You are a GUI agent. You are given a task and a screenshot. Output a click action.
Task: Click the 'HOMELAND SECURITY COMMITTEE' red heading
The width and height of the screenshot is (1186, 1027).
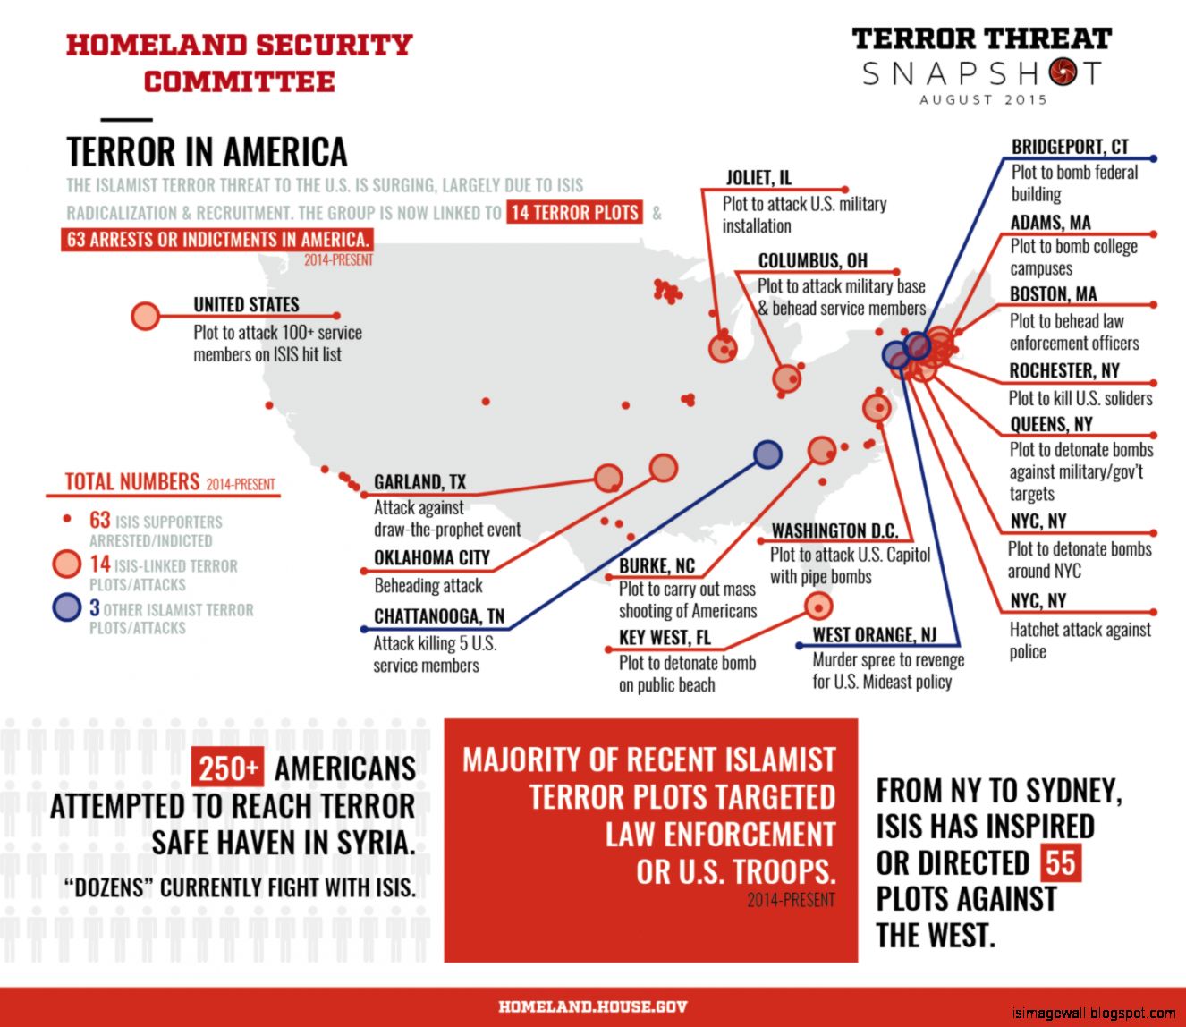coord(239,63)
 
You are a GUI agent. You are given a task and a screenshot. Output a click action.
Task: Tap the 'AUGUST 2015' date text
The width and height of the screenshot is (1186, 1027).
coord(983,99)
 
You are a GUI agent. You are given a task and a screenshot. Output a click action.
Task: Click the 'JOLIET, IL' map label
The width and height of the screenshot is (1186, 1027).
coord(758,177)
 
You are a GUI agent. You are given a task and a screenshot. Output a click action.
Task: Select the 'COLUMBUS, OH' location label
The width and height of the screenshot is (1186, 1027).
coord(812,260)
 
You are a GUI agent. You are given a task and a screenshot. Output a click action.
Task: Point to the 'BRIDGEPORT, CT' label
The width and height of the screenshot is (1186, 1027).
coord(1070,147)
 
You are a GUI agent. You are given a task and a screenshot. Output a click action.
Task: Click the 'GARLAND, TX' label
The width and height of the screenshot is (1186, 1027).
coord(419,482)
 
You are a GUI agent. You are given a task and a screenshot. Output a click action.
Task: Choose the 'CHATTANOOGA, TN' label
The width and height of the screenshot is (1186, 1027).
coord(438,616)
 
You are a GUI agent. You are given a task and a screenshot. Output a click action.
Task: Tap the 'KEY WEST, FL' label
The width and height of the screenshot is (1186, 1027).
coord(665,637)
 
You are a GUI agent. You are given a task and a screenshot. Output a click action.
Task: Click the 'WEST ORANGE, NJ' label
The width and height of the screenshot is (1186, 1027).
coord(874,635)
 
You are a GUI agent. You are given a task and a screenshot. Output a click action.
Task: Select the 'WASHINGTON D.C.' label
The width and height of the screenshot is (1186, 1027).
coord(834,530)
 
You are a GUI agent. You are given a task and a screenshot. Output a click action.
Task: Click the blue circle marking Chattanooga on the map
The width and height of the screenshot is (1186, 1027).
coord(767,454)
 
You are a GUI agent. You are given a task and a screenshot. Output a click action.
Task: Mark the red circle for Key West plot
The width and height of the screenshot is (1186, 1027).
coord(817,607)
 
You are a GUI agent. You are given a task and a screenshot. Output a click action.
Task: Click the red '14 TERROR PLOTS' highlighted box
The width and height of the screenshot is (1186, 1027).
coord(574,213)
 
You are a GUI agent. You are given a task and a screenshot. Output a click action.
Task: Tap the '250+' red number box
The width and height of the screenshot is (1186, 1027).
coord(229,768)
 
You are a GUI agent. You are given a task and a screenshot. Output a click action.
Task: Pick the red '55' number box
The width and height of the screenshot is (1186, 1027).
coord(1060,863)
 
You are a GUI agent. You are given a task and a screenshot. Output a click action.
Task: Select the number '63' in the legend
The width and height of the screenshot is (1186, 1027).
coord(99,520)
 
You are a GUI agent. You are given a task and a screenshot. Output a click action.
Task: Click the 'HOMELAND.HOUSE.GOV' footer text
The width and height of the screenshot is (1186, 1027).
coord(593,1006)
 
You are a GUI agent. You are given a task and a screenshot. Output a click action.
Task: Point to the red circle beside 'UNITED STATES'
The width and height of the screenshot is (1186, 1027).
coord(145,316)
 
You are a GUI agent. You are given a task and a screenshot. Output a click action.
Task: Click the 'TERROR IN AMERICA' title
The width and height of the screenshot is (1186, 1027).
coord(207,152)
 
